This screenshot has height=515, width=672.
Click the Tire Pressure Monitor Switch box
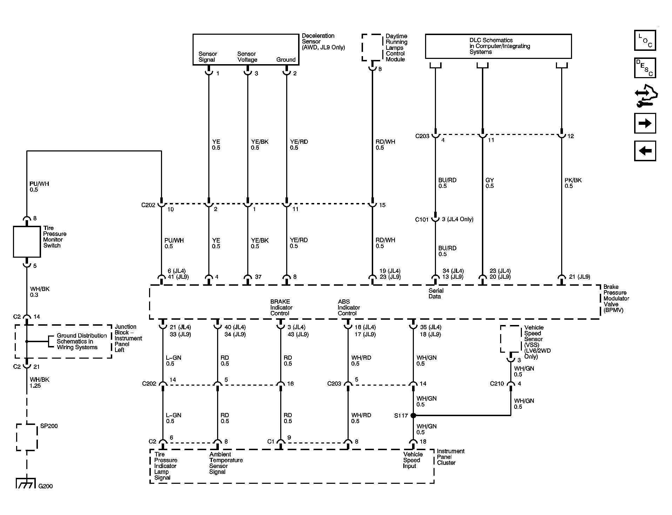pyautogui.click(x=27, y=242)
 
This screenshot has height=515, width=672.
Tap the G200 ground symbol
pyautogui.click(x=26, y=483)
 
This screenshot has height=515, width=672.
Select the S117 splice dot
pyautogui.click(x=413, y=415)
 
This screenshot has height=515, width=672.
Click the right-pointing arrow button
pyautogui.click(x=645, y=123)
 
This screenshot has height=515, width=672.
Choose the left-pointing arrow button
pyautogui.click(x=645, y=151)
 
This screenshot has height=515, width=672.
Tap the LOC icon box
pyautogui.click(x=645, y=40)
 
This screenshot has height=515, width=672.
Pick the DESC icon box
pyautogui.click(x=645, y=68)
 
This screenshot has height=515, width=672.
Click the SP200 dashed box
pyautogui.click(x=27, y=437)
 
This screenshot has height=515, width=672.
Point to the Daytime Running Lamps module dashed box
pyautogui.click(x=372, y=47)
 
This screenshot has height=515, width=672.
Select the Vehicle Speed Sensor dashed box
pyautogui.click(x=511, y=339)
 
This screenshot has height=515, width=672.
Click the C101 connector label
pyautogui.click(x=422, y=219)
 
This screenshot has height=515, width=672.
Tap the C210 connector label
pyautogui.click(x=497, y=384)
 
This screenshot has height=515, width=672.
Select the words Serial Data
pyautogui.click(x=436, y=293)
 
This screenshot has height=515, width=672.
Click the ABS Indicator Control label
pyautogui.click(x=349, y=307)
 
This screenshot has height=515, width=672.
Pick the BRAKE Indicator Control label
pyautogui.click(x=281, y=307)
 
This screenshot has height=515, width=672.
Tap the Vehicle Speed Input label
pyautogui.click(x=413, y=460)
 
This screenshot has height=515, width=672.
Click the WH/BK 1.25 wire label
pyautogui.click(x=40, y=382)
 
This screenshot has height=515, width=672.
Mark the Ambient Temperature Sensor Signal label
pyautogui.click(x=226, y=463)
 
